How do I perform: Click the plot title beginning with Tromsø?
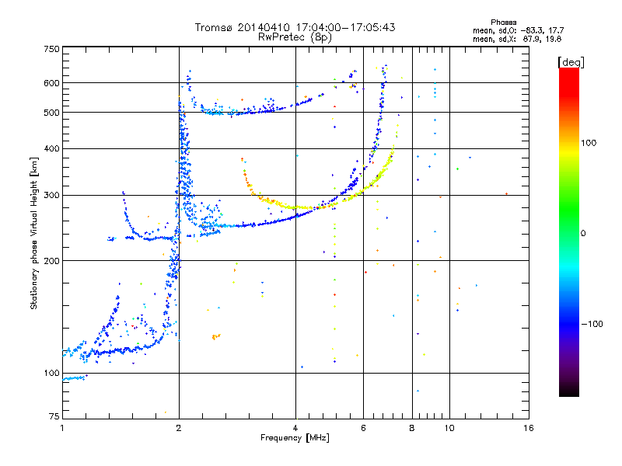click(295, 27)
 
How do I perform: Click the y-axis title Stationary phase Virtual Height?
click(34, 233)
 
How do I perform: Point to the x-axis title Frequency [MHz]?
click(295, 438)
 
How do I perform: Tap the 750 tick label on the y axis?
click(51, 49)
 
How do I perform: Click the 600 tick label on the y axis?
click(51, 83)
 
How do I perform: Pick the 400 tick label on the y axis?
click(51, 148)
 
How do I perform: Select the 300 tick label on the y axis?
click(51, 195)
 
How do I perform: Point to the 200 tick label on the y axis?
click(51, 261)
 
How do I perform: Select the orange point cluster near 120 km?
click(215, 336)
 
